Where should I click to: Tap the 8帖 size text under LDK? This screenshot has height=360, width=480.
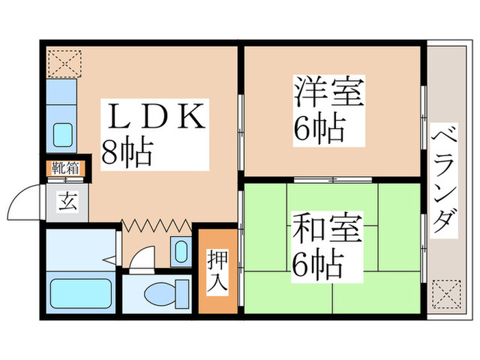click(126, 152)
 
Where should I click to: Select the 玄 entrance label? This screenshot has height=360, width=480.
click(67, 203)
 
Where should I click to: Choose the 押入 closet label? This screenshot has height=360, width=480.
click(218, 270)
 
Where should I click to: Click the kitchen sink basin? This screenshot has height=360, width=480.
click(63, 132)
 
